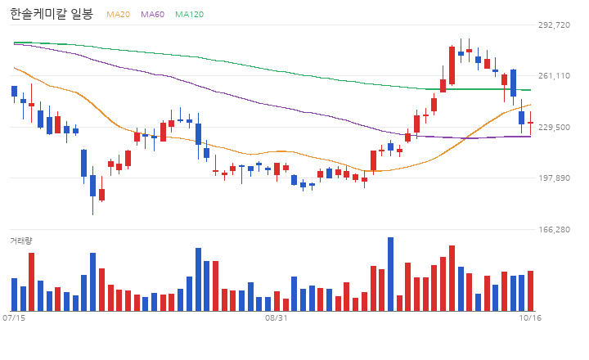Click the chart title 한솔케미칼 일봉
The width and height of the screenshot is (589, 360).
click(x=52, y=14)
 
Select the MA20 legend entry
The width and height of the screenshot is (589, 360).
click(x=118, y=14)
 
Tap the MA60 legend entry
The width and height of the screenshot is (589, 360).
click(x=152, y=14)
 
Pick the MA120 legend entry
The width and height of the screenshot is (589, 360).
click(x=189, y=14)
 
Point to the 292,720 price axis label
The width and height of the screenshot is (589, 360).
click(x=554, y=25)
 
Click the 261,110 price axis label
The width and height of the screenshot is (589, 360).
click(x=554, y=76)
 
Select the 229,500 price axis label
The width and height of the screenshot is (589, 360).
click(x=554, y=127)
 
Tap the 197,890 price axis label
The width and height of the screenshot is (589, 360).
click(x=554, y=178)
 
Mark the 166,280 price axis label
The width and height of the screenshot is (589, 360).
click(x=554, y=229)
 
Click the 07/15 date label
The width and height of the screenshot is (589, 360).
click(x=14, y=318)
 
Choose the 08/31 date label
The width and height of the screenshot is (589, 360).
click(x=277, y=318)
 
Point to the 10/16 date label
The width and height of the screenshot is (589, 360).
click(x=530, y=318)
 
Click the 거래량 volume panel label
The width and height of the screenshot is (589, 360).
click(x=21, y=241)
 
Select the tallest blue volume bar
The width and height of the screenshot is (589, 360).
click(x=391, y=274)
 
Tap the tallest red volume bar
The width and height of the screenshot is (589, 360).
click(x=452, y=278)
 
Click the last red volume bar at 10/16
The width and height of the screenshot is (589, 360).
click(x=530, y=290)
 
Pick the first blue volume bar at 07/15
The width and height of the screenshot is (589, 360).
click(x=14, y=295)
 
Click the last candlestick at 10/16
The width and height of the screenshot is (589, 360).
click(x=530, y=123)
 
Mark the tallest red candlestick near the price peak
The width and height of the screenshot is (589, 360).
click(x=452, y=65)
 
